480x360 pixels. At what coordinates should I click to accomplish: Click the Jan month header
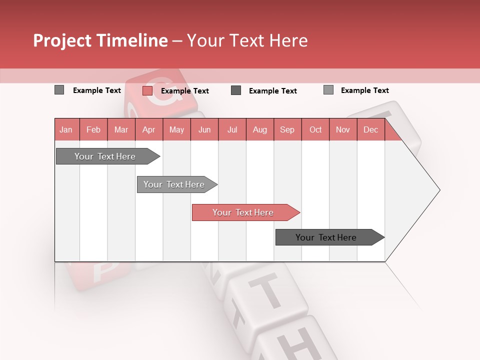pyautogui.click(x=66, y=129)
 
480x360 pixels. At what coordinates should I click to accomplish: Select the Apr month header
pyautogui.click(x=149, y=129)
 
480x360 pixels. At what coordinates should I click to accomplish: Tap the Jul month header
pyautogui.click(x=232, y=129)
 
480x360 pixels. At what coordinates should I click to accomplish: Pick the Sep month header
pyautogui.click(x=287, y=129)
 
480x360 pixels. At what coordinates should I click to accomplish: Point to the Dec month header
pyautogui.click(x=370, y=129)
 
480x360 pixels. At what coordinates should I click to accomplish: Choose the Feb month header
pyautogui.click(x=93, y=129)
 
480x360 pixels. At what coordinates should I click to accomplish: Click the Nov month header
pyautogui.click(x=343, y=129)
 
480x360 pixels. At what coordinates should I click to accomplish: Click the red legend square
pyautogui.click(x=147, y=90)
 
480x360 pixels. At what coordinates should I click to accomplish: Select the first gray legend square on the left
pyautogui.click(x=59, y=90)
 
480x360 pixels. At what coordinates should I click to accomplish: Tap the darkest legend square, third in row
pyautogui.click(x=236, y=90)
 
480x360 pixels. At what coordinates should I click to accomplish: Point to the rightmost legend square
pyautogui.click(x=328, y=90)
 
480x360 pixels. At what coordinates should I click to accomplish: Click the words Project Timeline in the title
pyautogui.click(x=100, y=40)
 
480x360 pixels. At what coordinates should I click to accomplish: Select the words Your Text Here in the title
pyautogui.click(x=247, y=40)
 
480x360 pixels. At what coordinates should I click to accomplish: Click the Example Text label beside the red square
pyautogui.click(x=185, y=91)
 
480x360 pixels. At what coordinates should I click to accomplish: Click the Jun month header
pyautogui.click(x=204, y=129)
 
